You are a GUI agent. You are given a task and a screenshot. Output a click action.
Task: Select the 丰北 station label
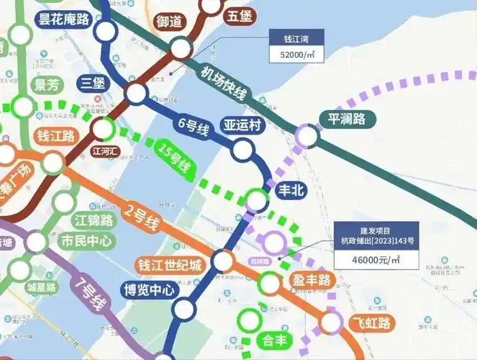pyautogui.click(x=293, y=191)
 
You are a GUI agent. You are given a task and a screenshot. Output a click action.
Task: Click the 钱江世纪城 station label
pyautogui.click(x=171, y=265)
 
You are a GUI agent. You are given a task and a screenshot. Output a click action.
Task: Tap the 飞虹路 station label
pyautogui.click(x=368, y=322)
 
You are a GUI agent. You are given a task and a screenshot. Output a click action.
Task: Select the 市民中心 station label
pyautogui.click(x=87, y=240)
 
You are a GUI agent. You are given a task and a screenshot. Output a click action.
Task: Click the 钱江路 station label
pyautogui.click(x=55, y=135)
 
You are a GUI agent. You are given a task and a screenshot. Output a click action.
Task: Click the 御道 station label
pyautogui.click(x=169, y=22)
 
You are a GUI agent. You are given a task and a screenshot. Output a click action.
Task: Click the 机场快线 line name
pyautogui.click(x=224, y=82)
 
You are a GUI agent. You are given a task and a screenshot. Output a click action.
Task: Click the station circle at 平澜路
pyautogui.click(x=307, y=135)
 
